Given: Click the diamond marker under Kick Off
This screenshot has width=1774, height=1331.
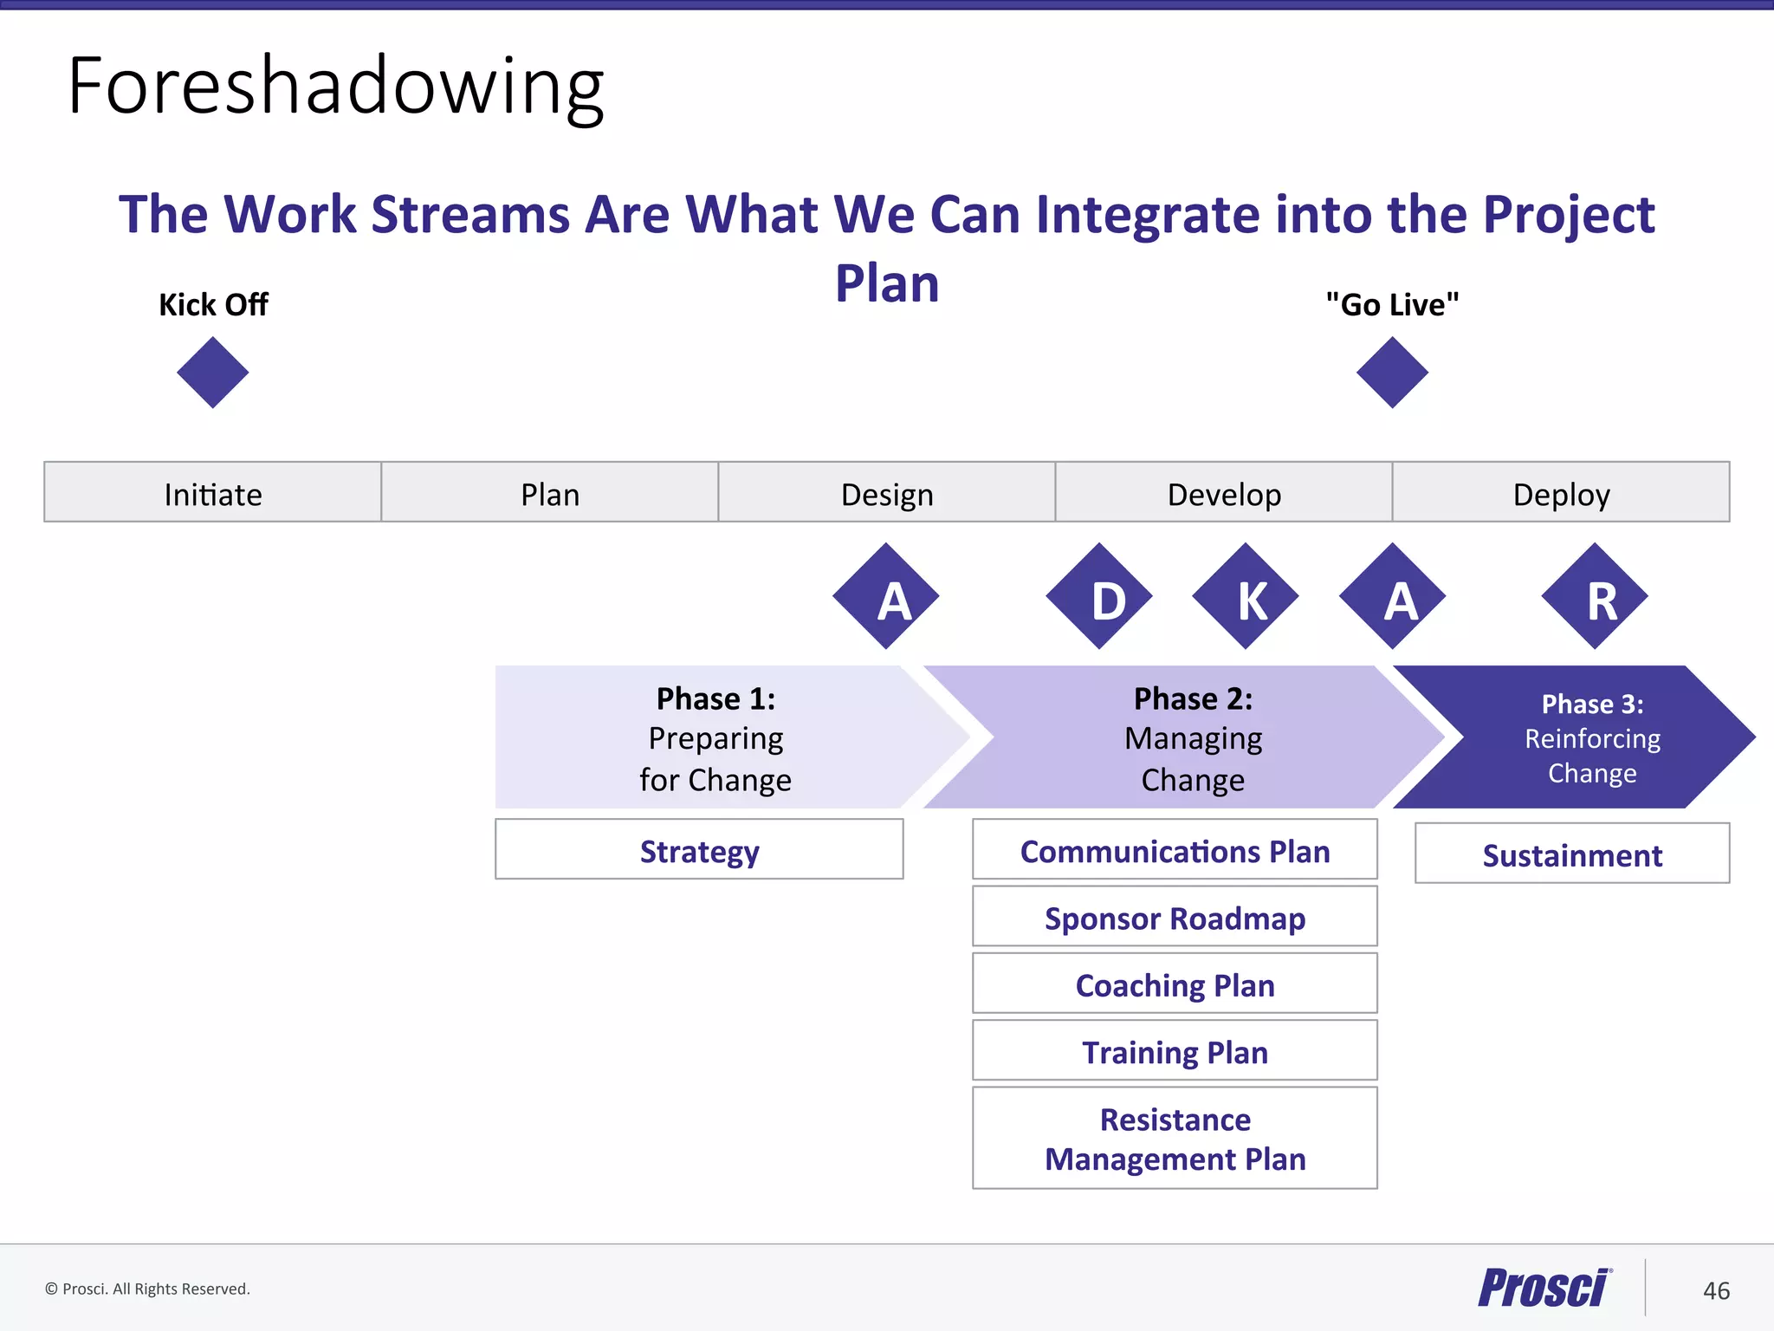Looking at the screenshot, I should (x=212, y=373).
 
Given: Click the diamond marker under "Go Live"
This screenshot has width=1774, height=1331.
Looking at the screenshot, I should (x=1392, y=373).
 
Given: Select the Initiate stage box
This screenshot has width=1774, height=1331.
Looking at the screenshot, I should (x=212, y=492).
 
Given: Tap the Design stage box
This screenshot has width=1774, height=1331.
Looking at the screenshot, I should (x=886, y=492).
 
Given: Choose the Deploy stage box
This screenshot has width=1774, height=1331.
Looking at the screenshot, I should (x=1561, y=492).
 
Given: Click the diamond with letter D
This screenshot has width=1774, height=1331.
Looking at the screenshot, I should (x=1099, y=597).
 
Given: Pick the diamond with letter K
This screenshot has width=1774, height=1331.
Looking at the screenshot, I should (x=1246, y=597).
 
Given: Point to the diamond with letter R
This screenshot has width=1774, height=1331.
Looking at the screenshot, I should (x=1595, y=597).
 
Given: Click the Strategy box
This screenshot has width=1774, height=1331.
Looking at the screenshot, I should (x=699, y=849).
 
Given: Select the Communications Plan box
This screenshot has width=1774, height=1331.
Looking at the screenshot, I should (x=1175, y=849).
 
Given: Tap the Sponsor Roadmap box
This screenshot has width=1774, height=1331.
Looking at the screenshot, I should (x=1175, y=916).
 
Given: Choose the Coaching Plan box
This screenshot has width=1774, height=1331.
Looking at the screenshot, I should (x=1175, y=984).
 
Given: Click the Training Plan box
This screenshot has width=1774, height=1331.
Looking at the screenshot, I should (x=1175, y=1050).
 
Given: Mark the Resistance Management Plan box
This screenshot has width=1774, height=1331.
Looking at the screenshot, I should (x=1175, y=1138).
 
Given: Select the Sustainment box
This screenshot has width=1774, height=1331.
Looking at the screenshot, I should (x=1572, y=854).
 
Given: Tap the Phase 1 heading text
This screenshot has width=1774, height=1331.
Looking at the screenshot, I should (x=715, y=698).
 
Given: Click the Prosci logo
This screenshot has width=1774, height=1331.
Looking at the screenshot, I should (x=1544, y=1288).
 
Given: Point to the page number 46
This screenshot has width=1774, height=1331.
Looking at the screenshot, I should (x=1716, y=1291).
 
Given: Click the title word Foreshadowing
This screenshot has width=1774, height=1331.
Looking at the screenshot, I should (x=336, y=87).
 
